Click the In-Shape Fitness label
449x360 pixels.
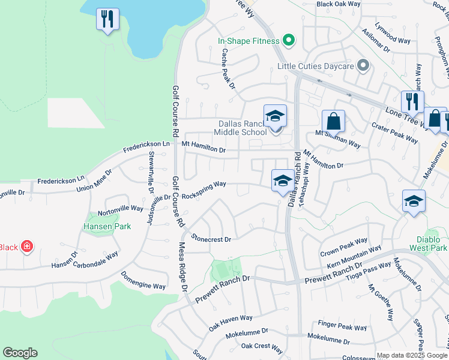pos(249,41)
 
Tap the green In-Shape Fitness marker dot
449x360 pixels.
pos(288,41)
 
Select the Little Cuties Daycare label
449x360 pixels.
pos(315,66)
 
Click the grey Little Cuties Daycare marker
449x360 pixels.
pos(363,65)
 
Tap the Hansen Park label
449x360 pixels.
pos(100,226)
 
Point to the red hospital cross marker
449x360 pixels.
pos(27,247)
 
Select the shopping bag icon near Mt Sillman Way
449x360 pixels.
pos(333,121)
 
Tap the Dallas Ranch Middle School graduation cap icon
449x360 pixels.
pos(275,115)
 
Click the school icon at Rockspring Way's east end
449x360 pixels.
pos(283,180)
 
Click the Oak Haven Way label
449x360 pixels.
pos(231,323)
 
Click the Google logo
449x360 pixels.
pos(20,353)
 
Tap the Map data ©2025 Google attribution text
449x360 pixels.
pos(412,355)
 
